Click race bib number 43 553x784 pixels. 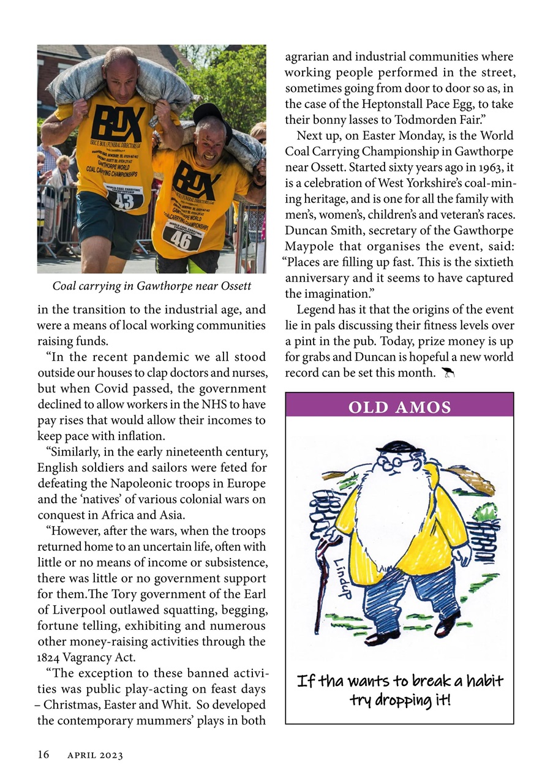pyautogui.click(x=124, y=200)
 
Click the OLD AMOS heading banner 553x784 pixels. pyautogui.click(x=399, y=407)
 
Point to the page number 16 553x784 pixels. pyautogui.click(x=43, y=755)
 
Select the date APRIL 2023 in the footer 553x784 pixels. pyautogui.click(x=95, y=756)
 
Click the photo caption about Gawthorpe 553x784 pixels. pyautogui.click(x=151, y=286)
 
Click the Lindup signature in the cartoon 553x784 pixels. pyautogui.click(x=344, y=579)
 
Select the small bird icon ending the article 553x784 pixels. pyautogui.click(x=448, y=372)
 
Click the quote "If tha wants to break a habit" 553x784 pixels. pyautogui.click(x=399, y=681)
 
